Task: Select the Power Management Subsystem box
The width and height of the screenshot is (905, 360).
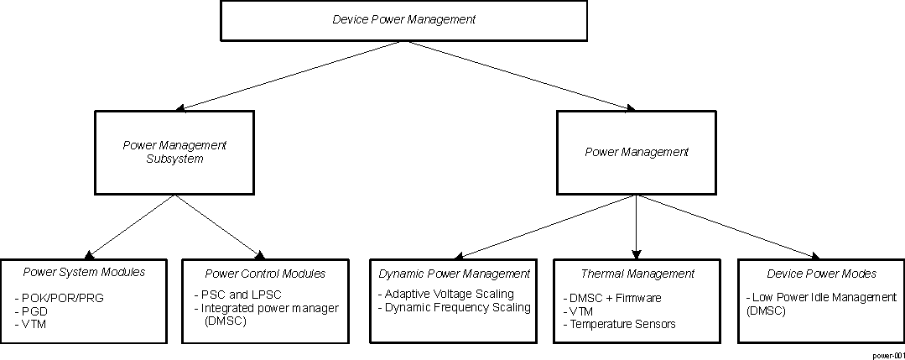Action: point(174,152)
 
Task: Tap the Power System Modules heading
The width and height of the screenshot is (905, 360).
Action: point(84,272)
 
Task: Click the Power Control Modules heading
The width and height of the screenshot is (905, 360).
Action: point(265,274)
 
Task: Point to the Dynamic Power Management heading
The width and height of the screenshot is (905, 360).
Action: point(454,274)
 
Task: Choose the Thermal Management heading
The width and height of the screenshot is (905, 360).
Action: point(637,274)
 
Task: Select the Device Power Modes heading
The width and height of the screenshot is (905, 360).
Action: point(821,274)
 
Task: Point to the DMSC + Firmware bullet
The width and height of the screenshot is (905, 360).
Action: point(612,298)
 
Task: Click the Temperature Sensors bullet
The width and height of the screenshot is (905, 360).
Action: point(619,324)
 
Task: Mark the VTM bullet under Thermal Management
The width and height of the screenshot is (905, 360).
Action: point(580,310)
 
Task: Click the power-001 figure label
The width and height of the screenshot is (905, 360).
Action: point(887,355)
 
